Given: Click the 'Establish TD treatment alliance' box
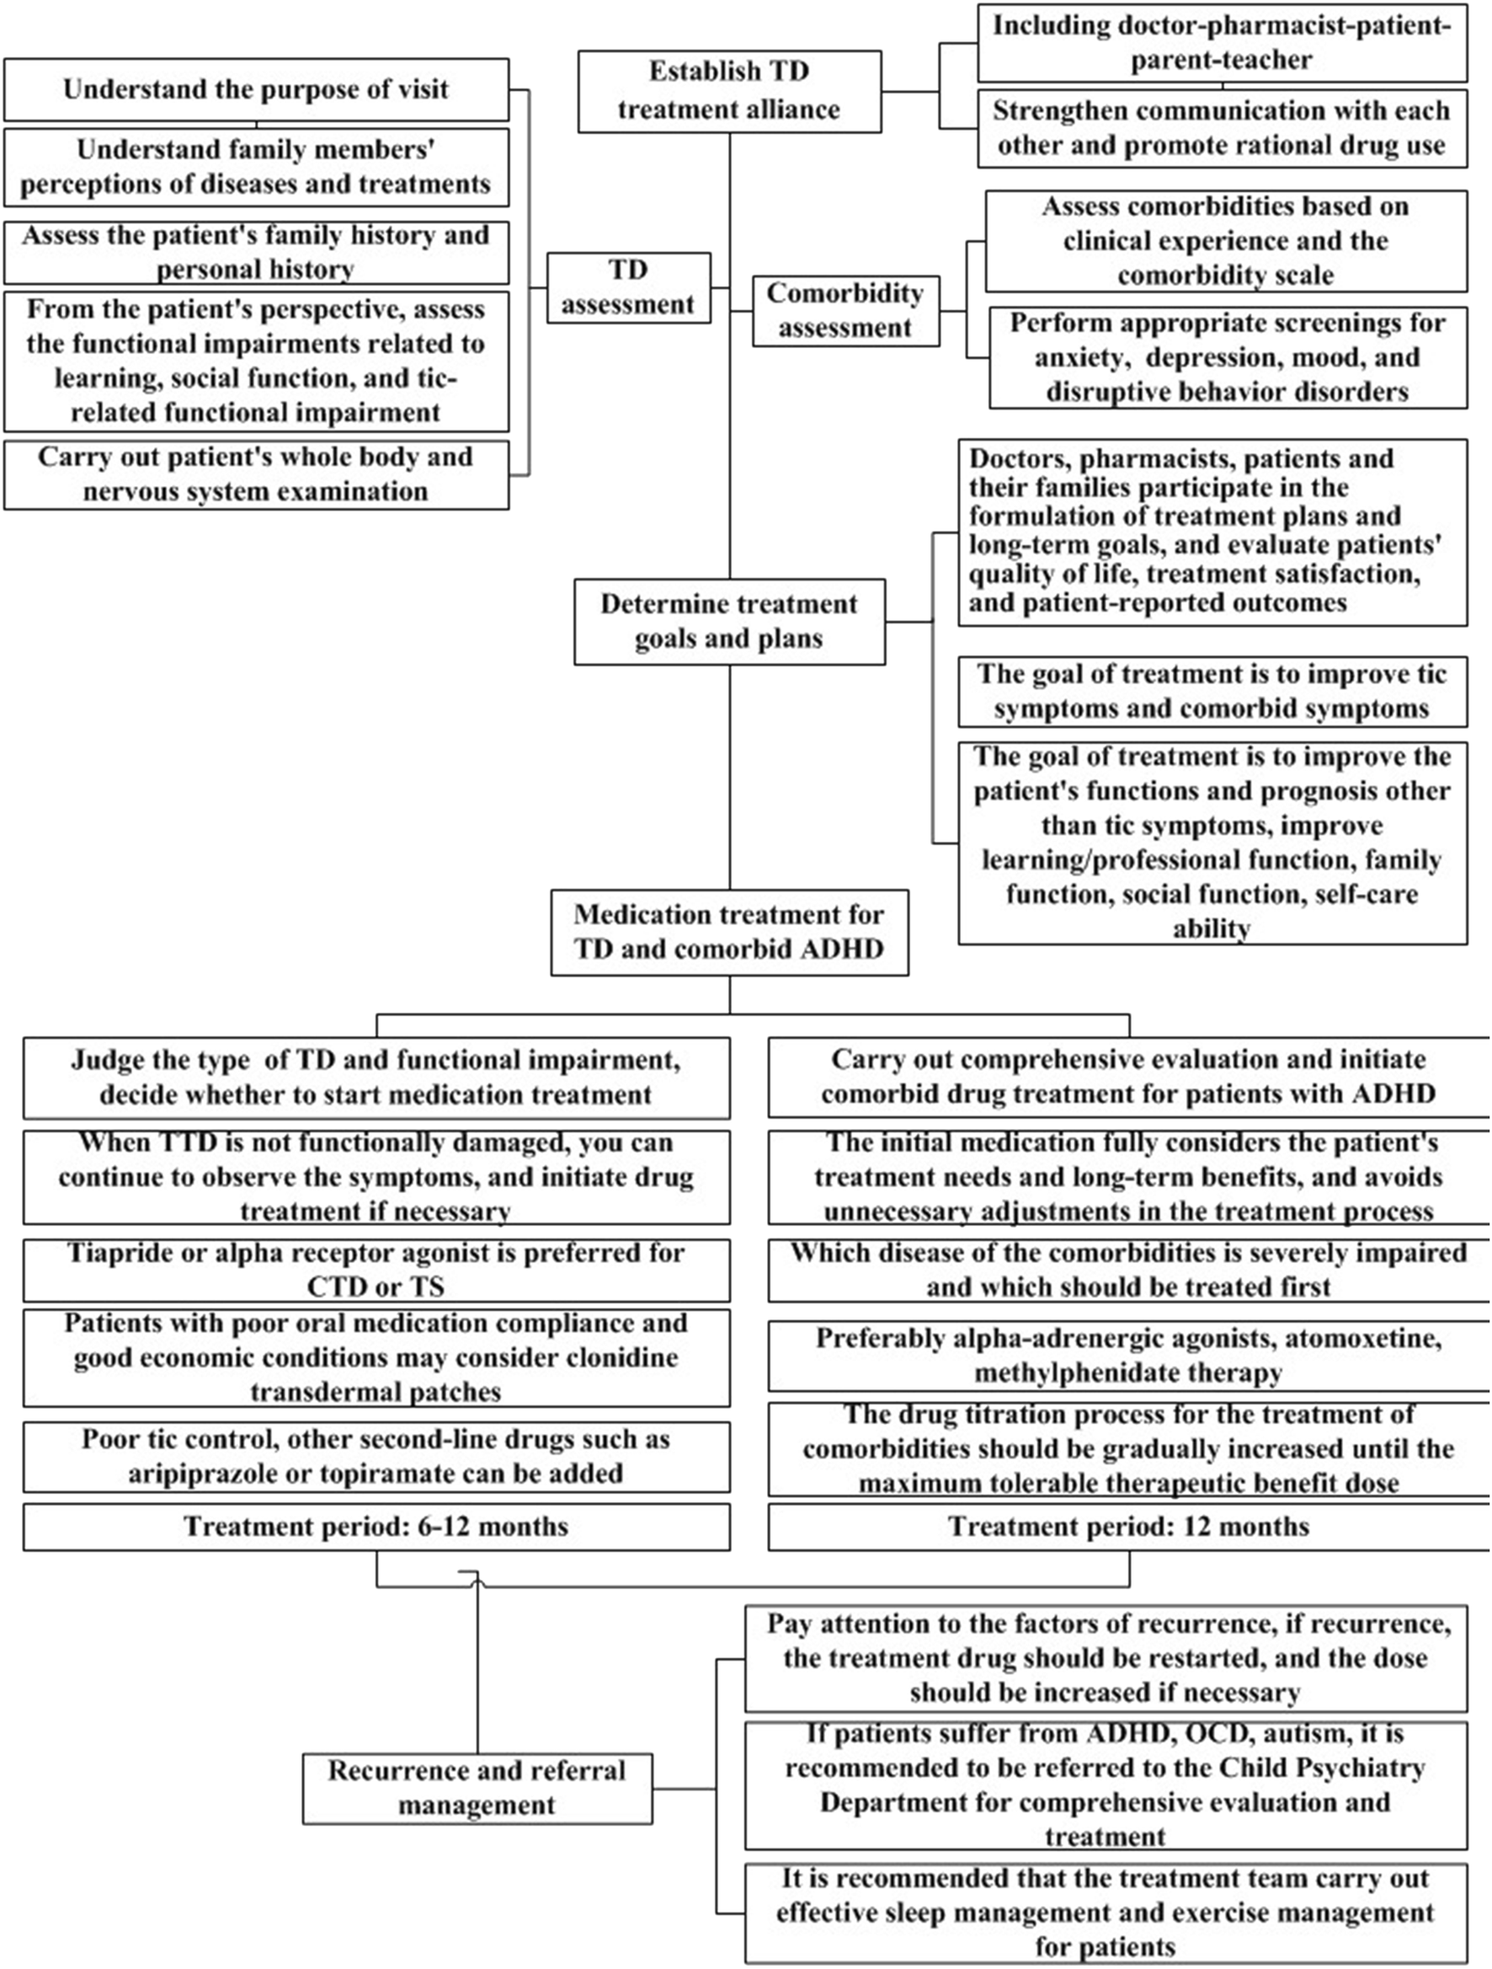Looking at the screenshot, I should tap(728, 91).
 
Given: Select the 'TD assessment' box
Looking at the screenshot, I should tap(628, 287).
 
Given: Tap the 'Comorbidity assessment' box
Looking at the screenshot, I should tap(845, 310).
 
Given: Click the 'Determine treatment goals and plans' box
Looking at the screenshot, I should tap(728, 621).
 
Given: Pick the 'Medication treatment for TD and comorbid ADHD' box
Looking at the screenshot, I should tap(728, 932).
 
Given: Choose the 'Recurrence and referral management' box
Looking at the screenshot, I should tap(477, 1787).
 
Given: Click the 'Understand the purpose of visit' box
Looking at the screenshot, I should tap(256, 90).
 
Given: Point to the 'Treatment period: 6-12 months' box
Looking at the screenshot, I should tap(376, 1527).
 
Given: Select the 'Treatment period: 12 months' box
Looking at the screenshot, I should tap(1128, 1527).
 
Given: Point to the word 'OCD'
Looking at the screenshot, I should tap(1213, 1733).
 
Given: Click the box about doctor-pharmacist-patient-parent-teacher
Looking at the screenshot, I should tap(1222, 43).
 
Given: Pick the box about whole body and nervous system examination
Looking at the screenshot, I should tap(256, 474).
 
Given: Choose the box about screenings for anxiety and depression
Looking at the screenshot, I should tap(1227, 357).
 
